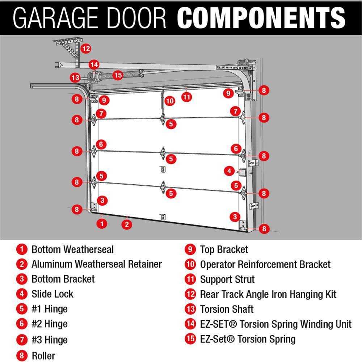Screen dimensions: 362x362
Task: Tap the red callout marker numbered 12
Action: [86, 48]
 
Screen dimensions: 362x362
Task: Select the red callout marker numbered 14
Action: [94, 65]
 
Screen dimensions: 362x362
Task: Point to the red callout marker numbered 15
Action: [118, 75]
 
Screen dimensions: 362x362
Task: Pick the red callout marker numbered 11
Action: [186, 97]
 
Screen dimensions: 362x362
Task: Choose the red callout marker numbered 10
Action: [170, 101]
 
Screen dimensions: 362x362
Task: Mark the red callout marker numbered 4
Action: [229, 170]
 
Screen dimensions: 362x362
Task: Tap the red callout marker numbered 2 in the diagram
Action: [126, 224]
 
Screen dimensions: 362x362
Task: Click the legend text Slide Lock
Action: [52, 294]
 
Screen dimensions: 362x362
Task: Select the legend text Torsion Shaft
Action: [227, 310]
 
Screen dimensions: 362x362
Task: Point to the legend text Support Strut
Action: [227, 279]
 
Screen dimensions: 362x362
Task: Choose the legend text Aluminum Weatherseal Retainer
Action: [96, 264]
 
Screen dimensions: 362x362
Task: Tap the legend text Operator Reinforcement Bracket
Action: [265, 265]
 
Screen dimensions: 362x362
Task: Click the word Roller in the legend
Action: [43, 355]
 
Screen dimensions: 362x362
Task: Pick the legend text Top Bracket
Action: [224, 249]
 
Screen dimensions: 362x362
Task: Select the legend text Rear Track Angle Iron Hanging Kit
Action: [268, 294]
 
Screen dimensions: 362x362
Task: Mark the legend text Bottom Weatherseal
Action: [72, 249]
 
